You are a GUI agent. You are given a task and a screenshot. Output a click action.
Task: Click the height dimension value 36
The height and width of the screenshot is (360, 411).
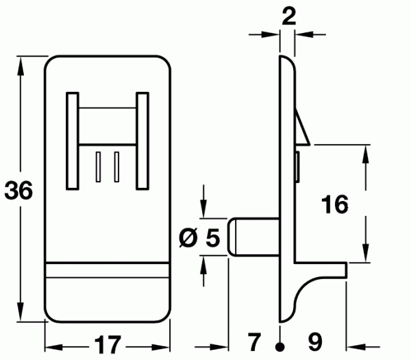(18, 190)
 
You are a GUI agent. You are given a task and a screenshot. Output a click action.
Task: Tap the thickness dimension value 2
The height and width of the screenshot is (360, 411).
(289, 16)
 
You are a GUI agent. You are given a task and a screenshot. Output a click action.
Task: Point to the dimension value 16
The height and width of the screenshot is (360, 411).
(335, 204)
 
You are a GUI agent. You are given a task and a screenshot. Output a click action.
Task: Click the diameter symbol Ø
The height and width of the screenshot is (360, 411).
(188, 237)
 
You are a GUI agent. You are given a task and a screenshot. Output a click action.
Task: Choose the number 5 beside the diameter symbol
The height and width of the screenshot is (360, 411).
(212, 237)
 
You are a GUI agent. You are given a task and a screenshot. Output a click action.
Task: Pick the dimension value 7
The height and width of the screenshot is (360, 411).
(254, 342)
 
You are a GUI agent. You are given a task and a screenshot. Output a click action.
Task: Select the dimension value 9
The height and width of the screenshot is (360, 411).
(315, 342)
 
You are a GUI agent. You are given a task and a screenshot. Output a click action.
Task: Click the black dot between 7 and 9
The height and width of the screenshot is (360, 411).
(280, 347)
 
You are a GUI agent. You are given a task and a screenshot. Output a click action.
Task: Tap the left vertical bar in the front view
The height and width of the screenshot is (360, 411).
(73, 141)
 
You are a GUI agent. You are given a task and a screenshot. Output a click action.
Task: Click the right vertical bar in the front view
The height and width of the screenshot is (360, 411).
(142, 141)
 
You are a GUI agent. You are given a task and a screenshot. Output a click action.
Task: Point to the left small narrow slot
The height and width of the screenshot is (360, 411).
(98, 167)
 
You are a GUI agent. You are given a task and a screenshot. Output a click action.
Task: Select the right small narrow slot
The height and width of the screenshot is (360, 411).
(116, 167)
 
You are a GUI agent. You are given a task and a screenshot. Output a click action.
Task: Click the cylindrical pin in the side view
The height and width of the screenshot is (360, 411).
(253, 237)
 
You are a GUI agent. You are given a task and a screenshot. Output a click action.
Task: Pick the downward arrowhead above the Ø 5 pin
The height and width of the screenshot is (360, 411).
(203, 208)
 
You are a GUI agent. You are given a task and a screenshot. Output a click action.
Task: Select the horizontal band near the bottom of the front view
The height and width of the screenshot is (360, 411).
(108, 269)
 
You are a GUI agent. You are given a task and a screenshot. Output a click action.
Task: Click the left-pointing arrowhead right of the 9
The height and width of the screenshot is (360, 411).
(356, 347)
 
